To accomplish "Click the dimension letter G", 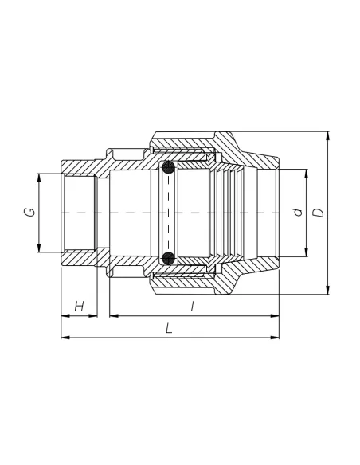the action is (29, 212).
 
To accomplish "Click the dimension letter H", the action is (80, 306).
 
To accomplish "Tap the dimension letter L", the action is (169, 328).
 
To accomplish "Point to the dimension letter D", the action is (319, 213).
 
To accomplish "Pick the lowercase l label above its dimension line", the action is (193, 306).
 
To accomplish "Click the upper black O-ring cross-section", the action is (168, 168).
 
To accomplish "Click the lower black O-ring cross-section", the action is (168, 258).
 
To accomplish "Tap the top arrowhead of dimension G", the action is (39, 178).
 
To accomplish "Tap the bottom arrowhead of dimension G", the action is (39, 248).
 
